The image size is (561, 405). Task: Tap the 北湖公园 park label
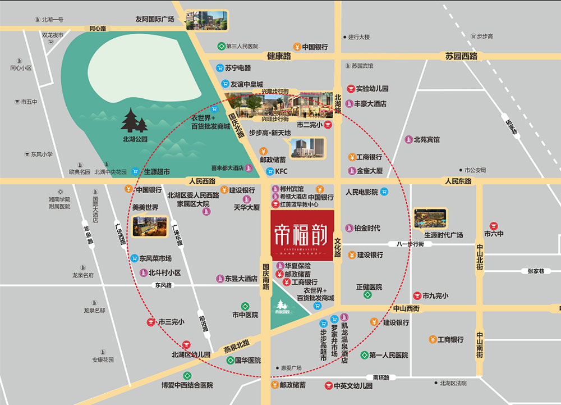[x=135, y=139]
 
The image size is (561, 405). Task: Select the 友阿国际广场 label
[x=155, y=19]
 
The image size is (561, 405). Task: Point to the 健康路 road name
[x=279, y=56]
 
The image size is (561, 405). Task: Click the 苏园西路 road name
[x=461, y=56]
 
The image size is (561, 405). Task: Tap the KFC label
[x=281, y=171]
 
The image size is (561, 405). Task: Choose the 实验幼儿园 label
[x=372, y=89]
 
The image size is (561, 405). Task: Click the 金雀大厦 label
[x=369, y=170]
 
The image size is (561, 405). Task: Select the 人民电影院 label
[x=362, y=192]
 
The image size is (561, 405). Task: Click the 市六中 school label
[x=495, y=234]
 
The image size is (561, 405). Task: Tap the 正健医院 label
[x=369, y=286]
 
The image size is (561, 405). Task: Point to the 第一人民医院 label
[x=388, y=356]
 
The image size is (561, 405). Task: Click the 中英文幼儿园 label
[x=353, y=386]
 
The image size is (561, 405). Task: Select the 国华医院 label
[x=247, y=360]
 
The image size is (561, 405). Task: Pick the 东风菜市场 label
[x=155, y=258]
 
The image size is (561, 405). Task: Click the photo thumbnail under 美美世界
[x=150, y=227]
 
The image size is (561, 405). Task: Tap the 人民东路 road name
[x=458, y=181]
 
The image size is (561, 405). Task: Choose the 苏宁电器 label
[x=238, y=68]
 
